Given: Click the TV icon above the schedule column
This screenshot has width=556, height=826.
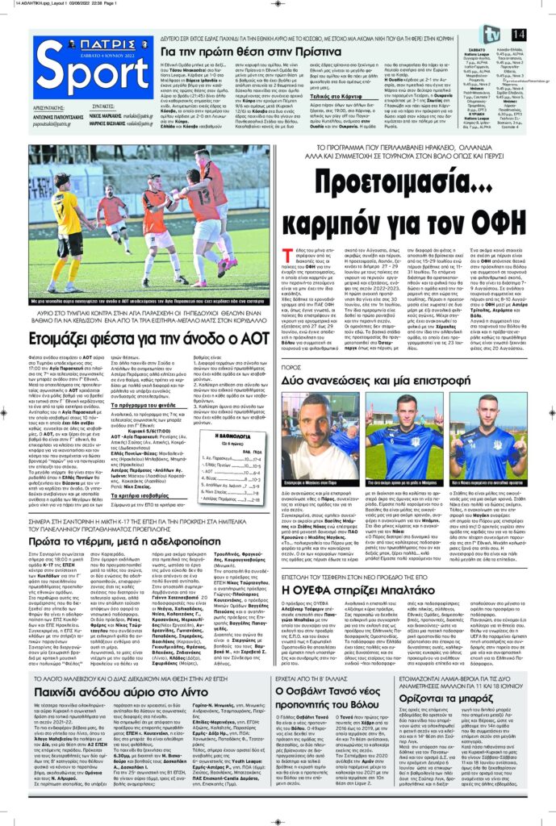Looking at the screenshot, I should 490,35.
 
